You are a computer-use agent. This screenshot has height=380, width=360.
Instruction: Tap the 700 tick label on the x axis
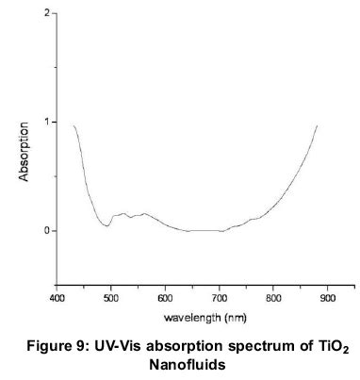click(x=220, y=298)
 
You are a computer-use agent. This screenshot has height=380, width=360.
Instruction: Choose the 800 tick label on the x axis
click(x=273, y=298)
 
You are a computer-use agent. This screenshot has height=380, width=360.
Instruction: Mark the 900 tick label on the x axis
click(x=327, y=298)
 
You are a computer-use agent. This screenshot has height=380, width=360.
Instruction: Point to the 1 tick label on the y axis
click(x=47, y=123)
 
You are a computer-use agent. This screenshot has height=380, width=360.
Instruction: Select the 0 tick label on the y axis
click(x=47, y=230)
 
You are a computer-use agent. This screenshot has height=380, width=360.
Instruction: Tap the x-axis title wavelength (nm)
click(x=192, y=316)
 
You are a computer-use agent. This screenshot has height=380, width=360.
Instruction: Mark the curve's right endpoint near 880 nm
click(x=317, y=124)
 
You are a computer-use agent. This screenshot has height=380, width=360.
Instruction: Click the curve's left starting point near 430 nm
click(x=74, y=125)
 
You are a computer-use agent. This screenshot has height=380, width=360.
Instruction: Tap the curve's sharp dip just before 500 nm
click(x=106, y=225)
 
